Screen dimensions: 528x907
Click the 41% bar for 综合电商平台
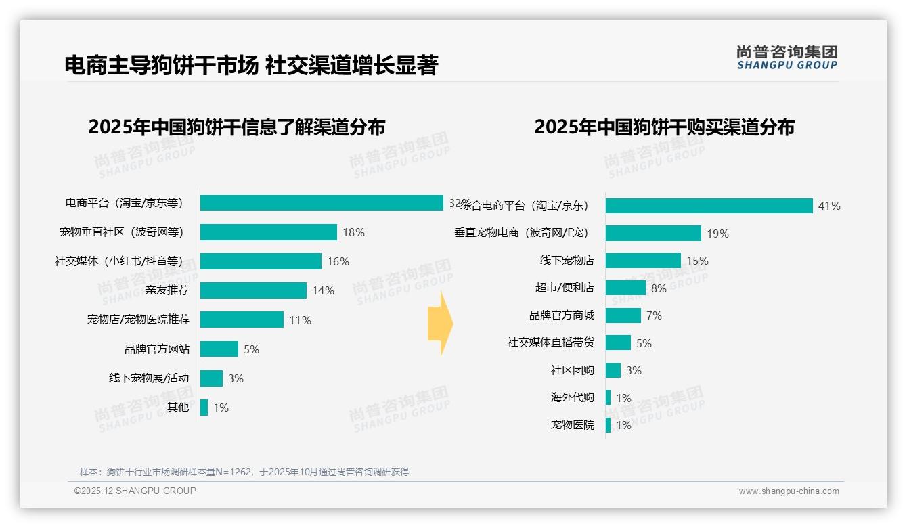(709, 206)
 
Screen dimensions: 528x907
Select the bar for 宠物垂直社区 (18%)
(269, 232)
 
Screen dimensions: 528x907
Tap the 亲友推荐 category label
(167, 290)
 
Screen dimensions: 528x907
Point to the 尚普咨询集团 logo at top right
(787, 58)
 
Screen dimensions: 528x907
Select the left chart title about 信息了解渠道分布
(236, 127)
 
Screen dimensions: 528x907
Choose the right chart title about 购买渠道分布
(664, 127)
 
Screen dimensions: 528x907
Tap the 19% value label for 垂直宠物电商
(717, 234)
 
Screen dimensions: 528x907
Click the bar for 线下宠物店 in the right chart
(643, 261)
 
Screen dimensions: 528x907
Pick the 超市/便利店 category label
(565, 288)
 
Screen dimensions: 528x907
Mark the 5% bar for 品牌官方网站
(219, 349)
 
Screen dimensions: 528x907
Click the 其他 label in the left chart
(178, 408)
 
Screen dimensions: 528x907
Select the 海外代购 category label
(572, 398)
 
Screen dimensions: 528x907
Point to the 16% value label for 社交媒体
(338, 261)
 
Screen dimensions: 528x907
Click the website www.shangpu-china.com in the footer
(789, 491)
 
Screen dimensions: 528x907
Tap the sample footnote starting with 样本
(244, 472)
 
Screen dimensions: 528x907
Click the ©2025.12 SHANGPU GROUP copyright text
(135, 491)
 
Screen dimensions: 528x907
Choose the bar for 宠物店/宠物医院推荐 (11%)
(242, 320)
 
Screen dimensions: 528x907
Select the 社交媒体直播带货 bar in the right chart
(618, 343)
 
